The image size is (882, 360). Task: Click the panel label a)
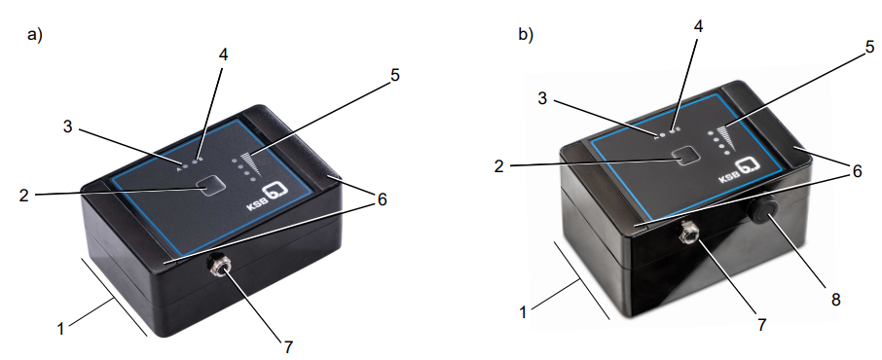coord(35,35)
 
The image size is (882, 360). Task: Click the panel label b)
coord(526,35)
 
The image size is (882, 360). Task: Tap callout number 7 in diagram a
coord(288,347)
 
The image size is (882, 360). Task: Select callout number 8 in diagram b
coord(836,300)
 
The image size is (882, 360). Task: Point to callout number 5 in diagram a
coord(395,75)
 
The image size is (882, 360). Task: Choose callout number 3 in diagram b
coord(542,99)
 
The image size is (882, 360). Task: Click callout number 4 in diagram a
coord(223,55)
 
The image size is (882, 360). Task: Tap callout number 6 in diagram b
coord(857,171)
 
